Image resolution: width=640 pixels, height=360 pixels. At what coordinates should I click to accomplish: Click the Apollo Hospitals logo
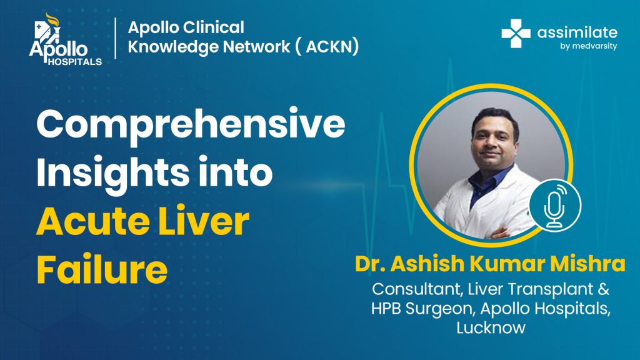coord(65,39)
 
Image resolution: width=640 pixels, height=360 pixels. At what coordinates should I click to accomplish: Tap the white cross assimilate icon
coord(516,34)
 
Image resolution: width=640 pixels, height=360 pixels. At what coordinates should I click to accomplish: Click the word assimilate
coord(577,32)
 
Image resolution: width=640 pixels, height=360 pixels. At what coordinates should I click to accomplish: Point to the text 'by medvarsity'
coord(588,46)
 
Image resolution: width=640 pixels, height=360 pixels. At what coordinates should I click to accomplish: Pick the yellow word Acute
coord(92,222)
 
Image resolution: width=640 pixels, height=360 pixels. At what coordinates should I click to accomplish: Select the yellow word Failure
coord(102,269)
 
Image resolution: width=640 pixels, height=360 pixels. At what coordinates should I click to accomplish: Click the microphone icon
coord(555,205)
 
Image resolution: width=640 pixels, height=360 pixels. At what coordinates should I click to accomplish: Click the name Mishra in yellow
coord(587,264)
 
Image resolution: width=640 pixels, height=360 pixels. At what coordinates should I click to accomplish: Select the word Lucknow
coord(491,327)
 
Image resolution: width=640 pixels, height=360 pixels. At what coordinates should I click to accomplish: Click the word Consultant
coord(417,289)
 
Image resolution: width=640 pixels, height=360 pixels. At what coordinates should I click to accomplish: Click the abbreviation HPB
coord(386,308)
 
